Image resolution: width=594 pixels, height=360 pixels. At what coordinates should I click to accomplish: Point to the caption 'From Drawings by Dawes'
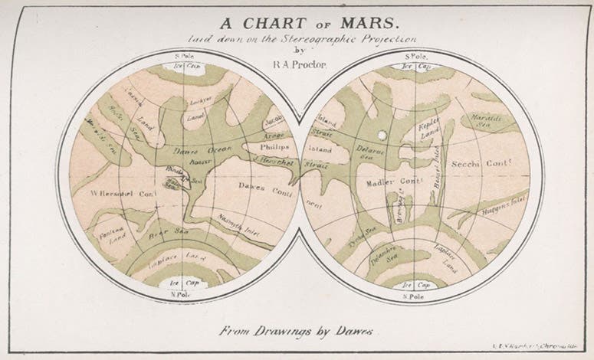(296, 332)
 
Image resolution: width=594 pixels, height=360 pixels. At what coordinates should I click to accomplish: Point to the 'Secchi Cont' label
(481, 164)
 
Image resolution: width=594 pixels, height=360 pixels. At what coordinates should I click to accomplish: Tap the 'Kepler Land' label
(432, 129)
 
